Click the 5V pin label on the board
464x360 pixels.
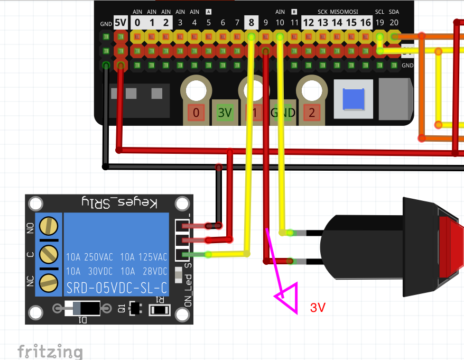pyautogui.click(x=121, y=23)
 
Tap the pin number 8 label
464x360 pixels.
pyautogui.click(x=251, y=23)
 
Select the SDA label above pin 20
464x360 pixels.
pyautogui.click(x=394, y=12)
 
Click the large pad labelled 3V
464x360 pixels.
pyautogui.click(x=225, y=112)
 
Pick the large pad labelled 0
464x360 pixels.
pyautogui.click(x=196, y=112)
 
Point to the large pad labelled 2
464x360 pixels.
pyautogui.click(x=312, y=112)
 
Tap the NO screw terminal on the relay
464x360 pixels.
pyautogui.click(x=49, y=227)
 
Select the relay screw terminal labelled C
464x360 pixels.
pyautogui.click(x=49, y=254)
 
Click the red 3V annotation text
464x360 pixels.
pyautogui.click(x=318, y=308)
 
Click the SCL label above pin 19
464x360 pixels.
pyautogui.click(x=380, y=12)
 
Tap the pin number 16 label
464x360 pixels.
pyautogui.click(x=365, y=23)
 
